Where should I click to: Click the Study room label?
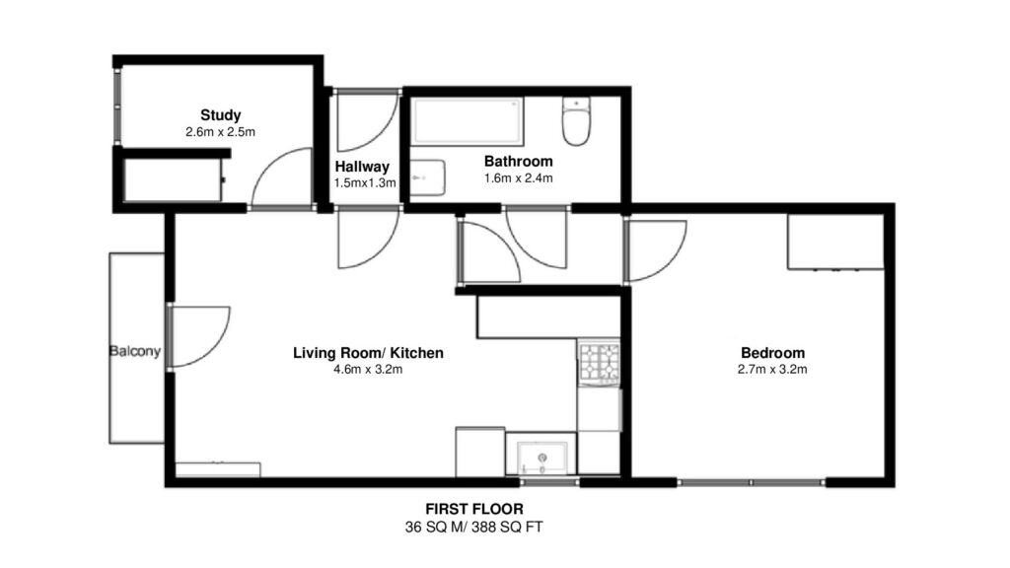tap(220, 115)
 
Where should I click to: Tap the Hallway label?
tap(362, 167)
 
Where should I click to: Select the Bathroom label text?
tap(519, 161)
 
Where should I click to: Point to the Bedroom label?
tap(772, 353)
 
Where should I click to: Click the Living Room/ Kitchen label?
tap(368, 353)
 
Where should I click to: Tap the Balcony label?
tap(134, 351)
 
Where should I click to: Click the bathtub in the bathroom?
tap(468, 120)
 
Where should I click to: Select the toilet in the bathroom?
tap(576, 121)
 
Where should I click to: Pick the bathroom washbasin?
tap(427, 177)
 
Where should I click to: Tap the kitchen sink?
tap(542, 458)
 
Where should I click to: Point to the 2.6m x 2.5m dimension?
tap(220, 132)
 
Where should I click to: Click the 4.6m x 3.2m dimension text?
tap(368, 370)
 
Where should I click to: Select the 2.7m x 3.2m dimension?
tap(772, 370)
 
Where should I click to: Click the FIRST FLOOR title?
tap(474, 510)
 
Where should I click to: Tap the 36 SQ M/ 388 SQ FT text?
tap(474, 528)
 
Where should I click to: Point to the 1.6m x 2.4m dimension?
tap(519, 178)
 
